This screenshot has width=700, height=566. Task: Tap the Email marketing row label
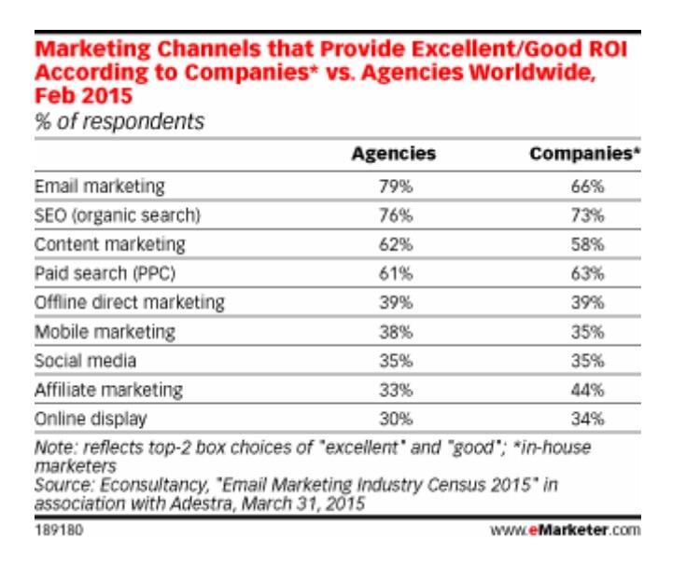tap(100, 186)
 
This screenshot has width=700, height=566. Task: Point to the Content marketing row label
tap(110, 244)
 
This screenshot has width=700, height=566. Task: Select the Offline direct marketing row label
tap(130, 302)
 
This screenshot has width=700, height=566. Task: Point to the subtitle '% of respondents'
tap(119, 121)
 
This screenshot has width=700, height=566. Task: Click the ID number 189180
tap(56, 531)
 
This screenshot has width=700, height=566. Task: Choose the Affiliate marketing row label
tap(108, 389)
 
